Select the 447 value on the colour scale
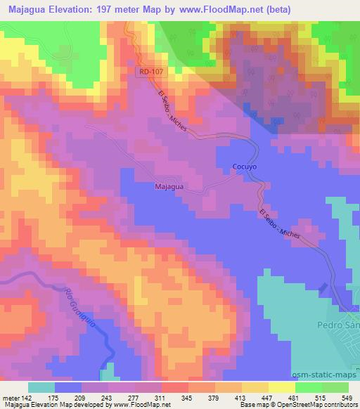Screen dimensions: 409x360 tap(266, 397)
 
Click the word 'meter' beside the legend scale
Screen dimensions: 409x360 tap(12, 397)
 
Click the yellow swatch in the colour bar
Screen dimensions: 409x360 tap(281, 387)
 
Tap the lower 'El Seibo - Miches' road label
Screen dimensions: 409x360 tap(280, 226)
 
